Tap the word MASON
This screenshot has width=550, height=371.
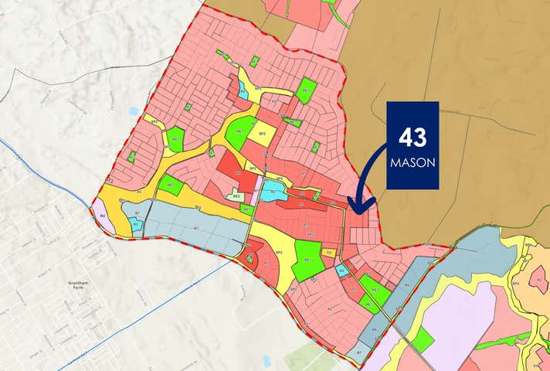412,163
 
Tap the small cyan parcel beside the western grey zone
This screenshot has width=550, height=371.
137,224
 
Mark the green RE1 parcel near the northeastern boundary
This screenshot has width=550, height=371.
307,90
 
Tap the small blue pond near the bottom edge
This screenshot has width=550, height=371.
267,361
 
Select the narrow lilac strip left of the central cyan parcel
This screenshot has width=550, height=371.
253,194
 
